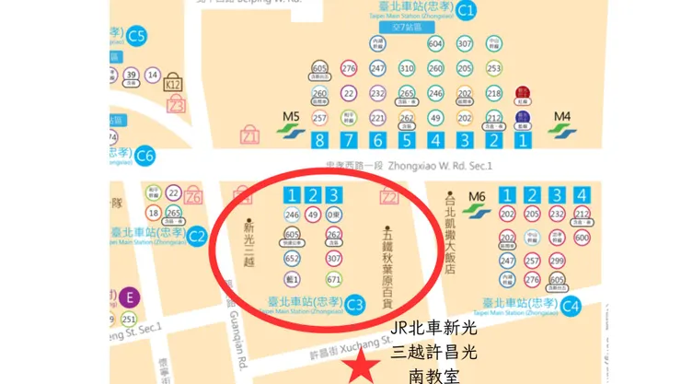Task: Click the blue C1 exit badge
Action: pyautogui.click(x=467, y=11)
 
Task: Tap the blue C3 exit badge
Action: pyautogui.click(x=355, y=303)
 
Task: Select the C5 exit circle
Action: pyautogui.click(x=137, y=37)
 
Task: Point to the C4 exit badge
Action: pyautogui.click(x=571, y=306)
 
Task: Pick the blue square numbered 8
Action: pyautogui.click(x=319, y=141)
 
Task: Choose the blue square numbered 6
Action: pyautogui.click(x=377, y=141)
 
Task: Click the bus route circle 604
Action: pyautogui.click(x=435, y=43)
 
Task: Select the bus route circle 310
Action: pyautogui.click(x=407, y=68)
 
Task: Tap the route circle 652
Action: pyautogui.click(x=293, y=259)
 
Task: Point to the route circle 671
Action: pyautogui.click(x=334, y=279)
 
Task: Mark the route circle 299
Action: pyautogui.click(x=557, y=260)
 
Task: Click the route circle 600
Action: pyautogui.click(x=581, y=238)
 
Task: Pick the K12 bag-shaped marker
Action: pyautogui.click(x=172, y=84)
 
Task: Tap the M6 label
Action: pyautogui.click(x=477, y=196)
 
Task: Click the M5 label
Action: pyautogui.click(x=291, y=116)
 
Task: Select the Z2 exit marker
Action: pyautogui.click(x=388, y=195)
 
